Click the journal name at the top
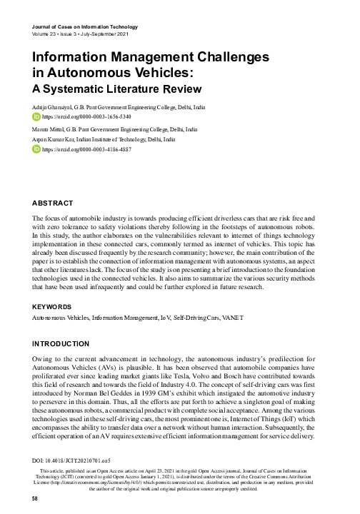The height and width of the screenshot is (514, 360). point(86,26)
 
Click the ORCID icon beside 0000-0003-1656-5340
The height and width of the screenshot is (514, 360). point(37,115)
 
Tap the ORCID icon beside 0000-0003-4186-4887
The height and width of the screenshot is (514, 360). point(37,151)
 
